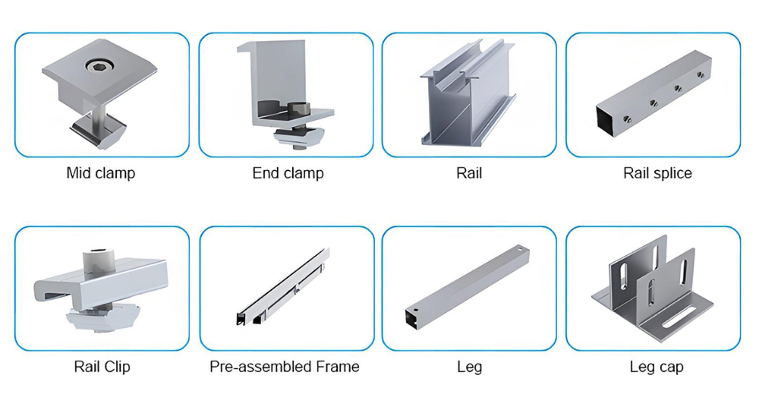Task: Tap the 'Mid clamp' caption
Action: click(101, 173)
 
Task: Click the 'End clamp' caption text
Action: click(288, 173)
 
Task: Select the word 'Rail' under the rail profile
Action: click(469, 173)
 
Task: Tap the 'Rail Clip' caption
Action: click(102, 366)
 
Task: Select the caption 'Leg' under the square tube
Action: click(469, 366)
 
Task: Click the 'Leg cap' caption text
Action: click(656, 366)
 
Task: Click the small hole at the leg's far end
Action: click(520, 249)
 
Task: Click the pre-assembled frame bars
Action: click(284, 288)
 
